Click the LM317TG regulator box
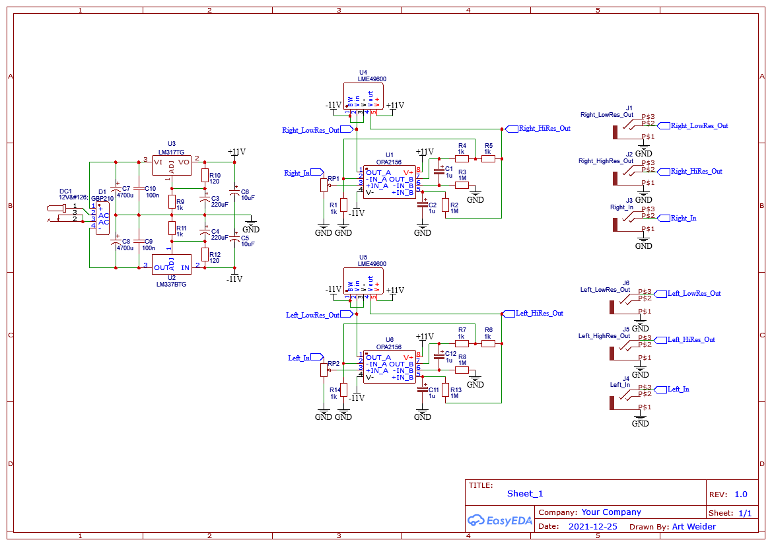point(172,165)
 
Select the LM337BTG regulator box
point(172,264)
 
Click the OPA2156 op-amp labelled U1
point(390,181)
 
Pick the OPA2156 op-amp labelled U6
point(390,366)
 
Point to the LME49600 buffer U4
point(363,96)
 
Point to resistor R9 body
point(172,201)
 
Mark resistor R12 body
point(205,255)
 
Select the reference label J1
point(629,108)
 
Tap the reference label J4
point(626,378)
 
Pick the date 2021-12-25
point(592,527)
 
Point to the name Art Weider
point(693,527)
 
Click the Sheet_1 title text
point(525,494)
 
